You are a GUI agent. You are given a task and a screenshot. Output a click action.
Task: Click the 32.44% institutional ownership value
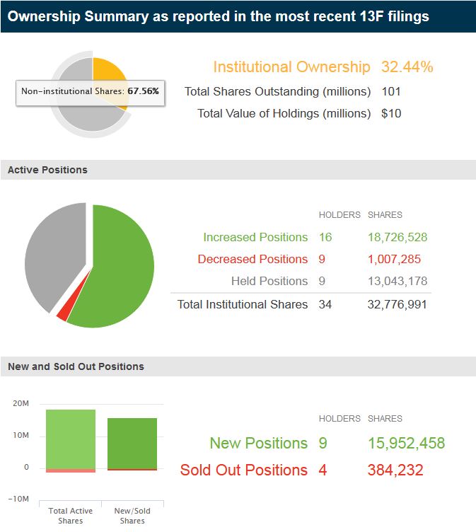(x=407, y=67)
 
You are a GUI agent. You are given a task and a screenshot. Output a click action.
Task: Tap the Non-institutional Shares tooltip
(x=90, y=91)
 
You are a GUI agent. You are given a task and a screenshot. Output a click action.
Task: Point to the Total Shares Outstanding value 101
(x=390, y=91)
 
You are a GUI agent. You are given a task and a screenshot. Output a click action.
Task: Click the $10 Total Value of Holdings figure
(x=391, y=113)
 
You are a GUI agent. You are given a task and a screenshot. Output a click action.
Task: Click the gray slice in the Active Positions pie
(x=53, y=255)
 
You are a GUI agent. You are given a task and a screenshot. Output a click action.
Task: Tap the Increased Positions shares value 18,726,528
(x=397, y=237)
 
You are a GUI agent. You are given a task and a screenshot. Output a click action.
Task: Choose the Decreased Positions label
(x=252, y=259)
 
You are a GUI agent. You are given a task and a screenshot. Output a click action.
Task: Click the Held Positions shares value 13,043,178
(x=397, y=281)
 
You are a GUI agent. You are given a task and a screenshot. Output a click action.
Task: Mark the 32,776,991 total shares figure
(x=397, y=304)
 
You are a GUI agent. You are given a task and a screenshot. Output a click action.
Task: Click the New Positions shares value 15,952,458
(x=406, y=444)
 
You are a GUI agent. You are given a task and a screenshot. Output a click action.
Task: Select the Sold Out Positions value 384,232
(x=395, y=470)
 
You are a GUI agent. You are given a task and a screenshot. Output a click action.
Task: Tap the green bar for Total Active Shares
(x=71, y=439)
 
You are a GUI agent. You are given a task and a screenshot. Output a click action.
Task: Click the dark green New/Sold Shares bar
(x=132, y=443)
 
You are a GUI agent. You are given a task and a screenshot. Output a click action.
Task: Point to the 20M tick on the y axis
(x=21, y=403)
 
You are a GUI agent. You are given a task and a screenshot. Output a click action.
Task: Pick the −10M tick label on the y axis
(x=18, y=499)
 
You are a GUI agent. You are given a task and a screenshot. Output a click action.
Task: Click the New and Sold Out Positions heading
(x=76, y=366)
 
